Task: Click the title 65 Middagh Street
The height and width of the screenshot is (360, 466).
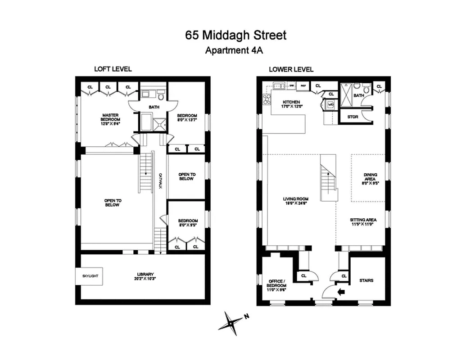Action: (x=235, y=35)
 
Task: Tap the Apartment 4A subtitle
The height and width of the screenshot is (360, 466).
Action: (x=234, y=50)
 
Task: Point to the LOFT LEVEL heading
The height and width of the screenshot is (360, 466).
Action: (x=113, y=69)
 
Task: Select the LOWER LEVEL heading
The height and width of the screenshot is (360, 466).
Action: (x=291, y=69)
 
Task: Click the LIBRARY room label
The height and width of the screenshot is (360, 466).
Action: (x=145, y=275)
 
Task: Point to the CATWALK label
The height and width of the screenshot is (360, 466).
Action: (x=160, y=180)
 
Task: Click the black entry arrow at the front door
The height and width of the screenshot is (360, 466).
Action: (x=340, y=292)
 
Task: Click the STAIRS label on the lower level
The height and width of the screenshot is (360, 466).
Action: (x=366, y=280)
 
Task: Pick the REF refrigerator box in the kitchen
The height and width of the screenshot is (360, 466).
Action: (x=303, y=85)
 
